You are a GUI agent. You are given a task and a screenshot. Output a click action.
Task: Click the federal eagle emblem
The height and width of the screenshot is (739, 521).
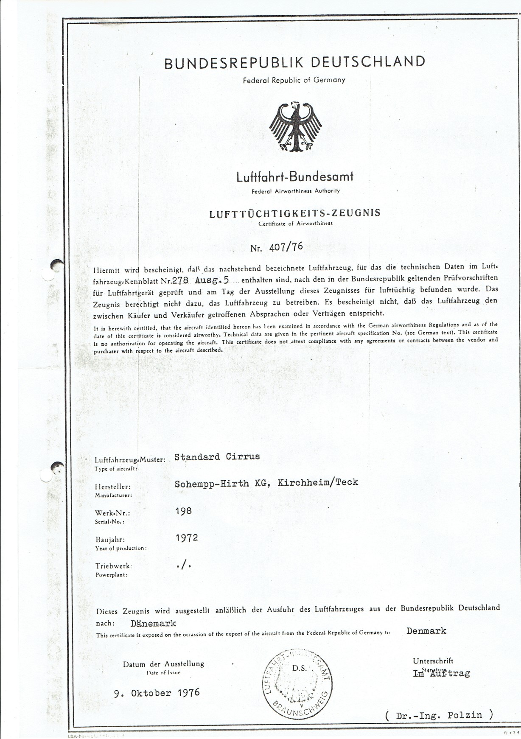[x=295, y=126]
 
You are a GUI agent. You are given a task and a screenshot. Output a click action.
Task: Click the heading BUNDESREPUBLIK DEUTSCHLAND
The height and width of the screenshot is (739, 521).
[x=294, y=63]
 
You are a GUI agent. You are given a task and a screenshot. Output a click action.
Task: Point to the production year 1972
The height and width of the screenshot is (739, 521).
[x=187, y=537]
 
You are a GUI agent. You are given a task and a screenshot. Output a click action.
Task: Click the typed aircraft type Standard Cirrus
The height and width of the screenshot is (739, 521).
[x=217, y=457]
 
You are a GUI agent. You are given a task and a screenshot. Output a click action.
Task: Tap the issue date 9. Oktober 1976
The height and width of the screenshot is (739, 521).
[x=157, y=693]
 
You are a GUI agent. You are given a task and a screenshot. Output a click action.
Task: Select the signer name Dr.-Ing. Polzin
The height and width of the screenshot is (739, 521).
[x=440, y=715]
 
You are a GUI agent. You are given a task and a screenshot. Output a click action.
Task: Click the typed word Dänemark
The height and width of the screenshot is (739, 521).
[x=154, y=623]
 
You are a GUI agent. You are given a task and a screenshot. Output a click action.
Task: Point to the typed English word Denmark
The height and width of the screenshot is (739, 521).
[x=426, y=631]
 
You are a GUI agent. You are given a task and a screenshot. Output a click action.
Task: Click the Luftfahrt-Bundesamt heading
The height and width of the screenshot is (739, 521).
[x=295, y=176]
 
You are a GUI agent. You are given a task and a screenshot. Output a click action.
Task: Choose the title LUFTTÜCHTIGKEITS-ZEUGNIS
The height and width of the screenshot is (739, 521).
[x=295, y=213]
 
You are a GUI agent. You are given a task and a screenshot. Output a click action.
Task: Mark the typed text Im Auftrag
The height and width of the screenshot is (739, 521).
[x=441, y=673]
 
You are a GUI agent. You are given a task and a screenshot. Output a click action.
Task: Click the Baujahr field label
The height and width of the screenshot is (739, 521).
[x=110, y=540]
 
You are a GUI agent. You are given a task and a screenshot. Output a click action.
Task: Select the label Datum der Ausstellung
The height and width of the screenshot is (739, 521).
[x=163, y=664]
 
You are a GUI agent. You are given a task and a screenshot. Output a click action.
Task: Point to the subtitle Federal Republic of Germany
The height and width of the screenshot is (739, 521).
[x=294, y=80]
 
